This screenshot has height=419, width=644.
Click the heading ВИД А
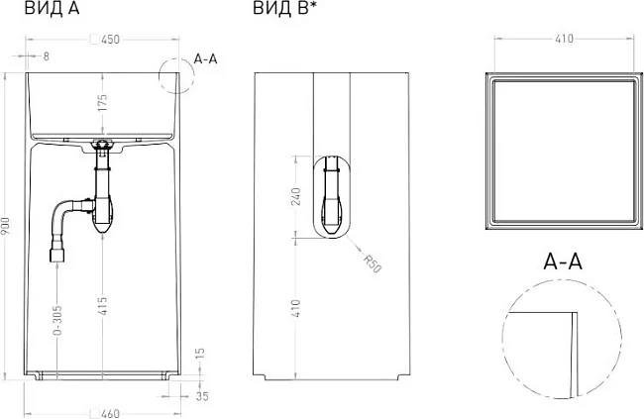coord(53,8)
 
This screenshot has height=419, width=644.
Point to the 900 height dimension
coord(6,227)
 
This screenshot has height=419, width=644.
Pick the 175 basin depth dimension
coord(102,103)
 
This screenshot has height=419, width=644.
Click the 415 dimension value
coord(103,306)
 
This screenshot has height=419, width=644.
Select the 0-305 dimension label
coord(57,320)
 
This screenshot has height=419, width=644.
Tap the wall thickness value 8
coord(46,56)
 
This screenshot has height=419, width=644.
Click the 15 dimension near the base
coord(199,354)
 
